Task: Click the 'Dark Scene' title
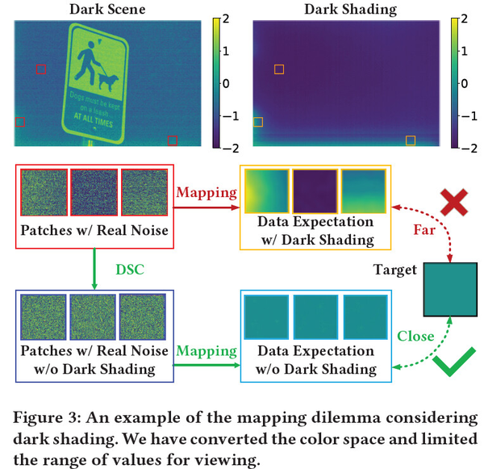[x=107, y=10]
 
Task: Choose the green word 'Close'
[x=415, y=334]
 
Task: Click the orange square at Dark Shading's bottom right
[x=411, y=140]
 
